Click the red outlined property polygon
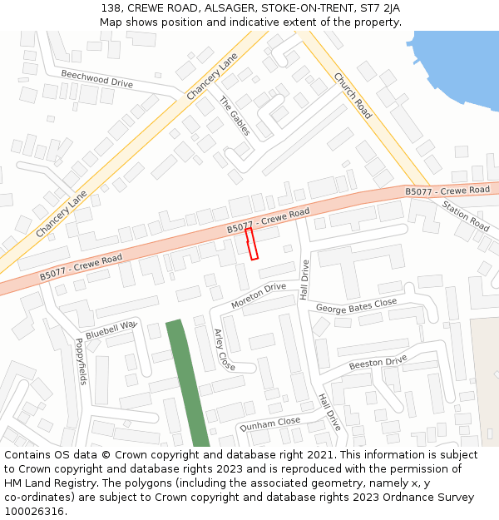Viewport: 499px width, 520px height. click(251, 244)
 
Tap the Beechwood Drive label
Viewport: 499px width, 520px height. click(96, 79)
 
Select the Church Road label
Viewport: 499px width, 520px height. click(353, 96)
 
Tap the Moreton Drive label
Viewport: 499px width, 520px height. click(259, 295)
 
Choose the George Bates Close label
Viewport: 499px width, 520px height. click(356, 306)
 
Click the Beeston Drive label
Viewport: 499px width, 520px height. click(378, 362)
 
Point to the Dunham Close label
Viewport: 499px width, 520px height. click(269, 423)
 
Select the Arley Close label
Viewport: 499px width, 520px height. click(225, 349)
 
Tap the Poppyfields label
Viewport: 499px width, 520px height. click(81, 361)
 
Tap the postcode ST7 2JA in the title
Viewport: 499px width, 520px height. click(379, 8)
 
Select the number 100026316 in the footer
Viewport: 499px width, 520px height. click(34, 511)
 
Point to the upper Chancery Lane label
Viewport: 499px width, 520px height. click(212, 77)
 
